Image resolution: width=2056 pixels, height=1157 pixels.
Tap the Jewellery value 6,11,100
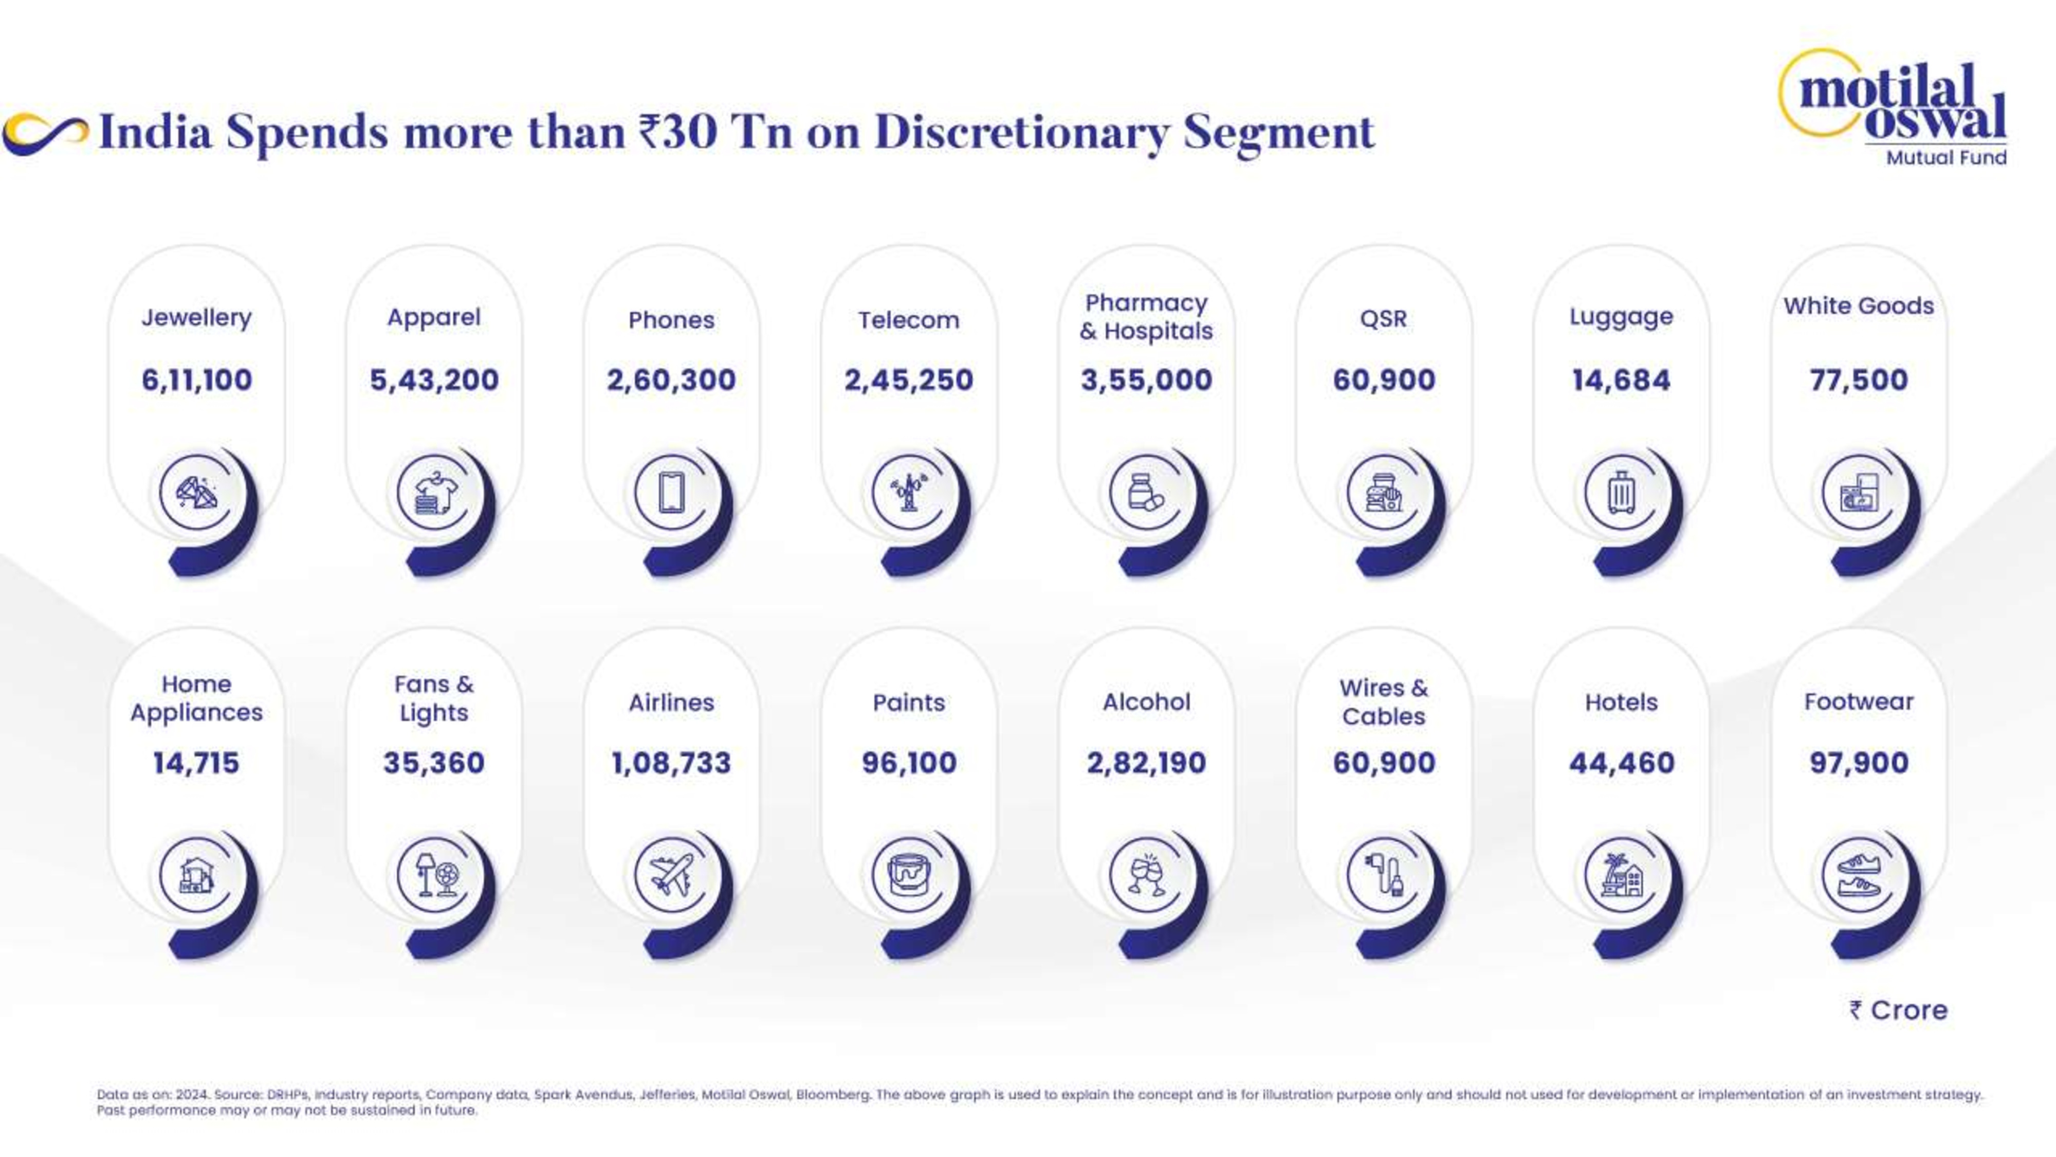point(196,380)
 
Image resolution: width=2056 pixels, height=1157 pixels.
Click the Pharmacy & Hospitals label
point(1146,317)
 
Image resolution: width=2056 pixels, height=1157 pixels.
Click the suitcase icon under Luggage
point(1621,492)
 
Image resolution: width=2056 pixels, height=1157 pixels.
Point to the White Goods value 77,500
point(1859,380)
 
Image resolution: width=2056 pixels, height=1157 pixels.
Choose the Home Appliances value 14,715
point(196,763)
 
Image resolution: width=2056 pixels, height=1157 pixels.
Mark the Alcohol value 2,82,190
point(1146,763)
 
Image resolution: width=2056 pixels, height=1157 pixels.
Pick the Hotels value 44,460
point(1622,763)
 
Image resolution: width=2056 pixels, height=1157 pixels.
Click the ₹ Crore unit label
point(1899,1010)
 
